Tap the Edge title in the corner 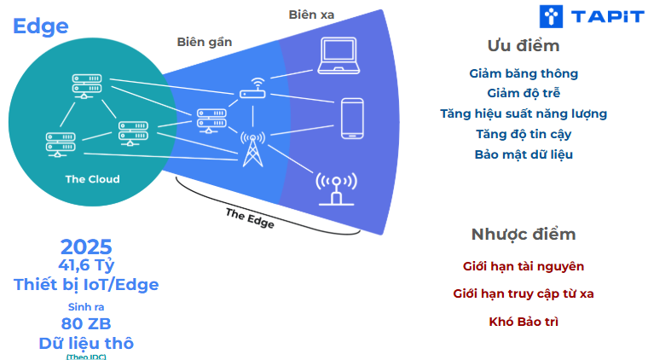click(40, 26)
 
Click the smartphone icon click(352, 118)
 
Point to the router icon click(253, 89)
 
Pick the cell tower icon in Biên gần click(252, 148)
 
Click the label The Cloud click(92, 179)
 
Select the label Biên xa click(314, 15)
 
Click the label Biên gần click(204, 42)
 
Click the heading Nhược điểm click(524, 235)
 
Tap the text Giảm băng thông click(524, 73)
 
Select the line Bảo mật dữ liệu click(524, 154)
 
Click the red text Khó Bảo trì click(524, 322)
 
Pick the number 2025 click(86, 247)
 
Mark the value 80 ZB click(86, 324)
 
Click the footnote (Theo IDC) click(86, 356)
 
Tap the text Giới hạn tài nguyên click(524, 266)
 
